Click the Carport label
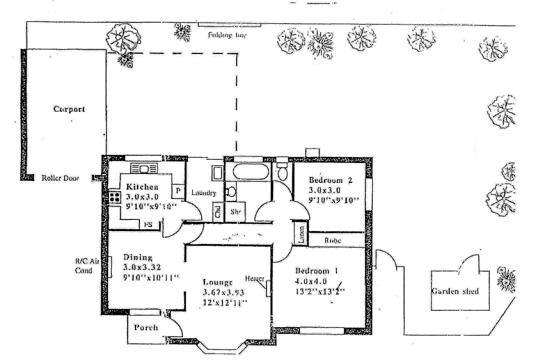[x=69, y=109]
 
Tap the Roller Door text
[x=60, y=178]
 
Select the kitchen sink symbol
[x=144, y=169]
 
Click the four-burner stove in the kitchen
[x=115, y=197]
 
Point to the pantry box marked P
[x=178, y=191]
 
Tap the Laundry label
[x=204, y=193]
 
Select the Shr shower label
[x=235, y=212]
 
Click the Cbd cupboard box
[x=218, y=212]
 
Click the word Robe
[x=332, y=240]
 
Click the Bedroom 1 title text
[x=316, y=271]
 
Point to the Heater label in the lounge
[x=255, y=278]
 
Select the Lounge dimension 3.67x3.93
[x=223, y=293]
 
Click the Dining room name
[x=138, y=257]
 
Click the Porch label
[x=146, y=327]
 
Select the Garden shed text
[x=455, y=291]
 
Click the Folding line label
[x=227, y=35]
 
